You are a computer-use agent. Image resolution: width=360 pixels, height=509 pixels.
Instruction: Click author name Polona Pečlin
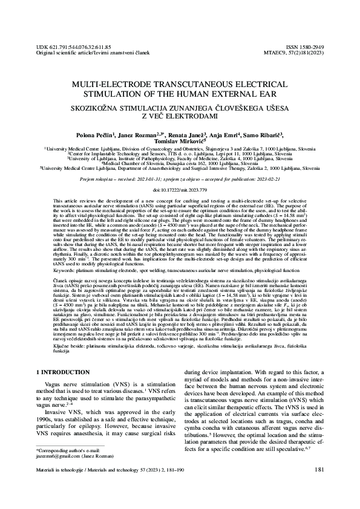(94, 135)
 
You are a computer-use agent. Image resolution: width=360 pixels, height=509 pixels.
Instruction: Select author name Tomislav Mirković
(179, 142)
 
